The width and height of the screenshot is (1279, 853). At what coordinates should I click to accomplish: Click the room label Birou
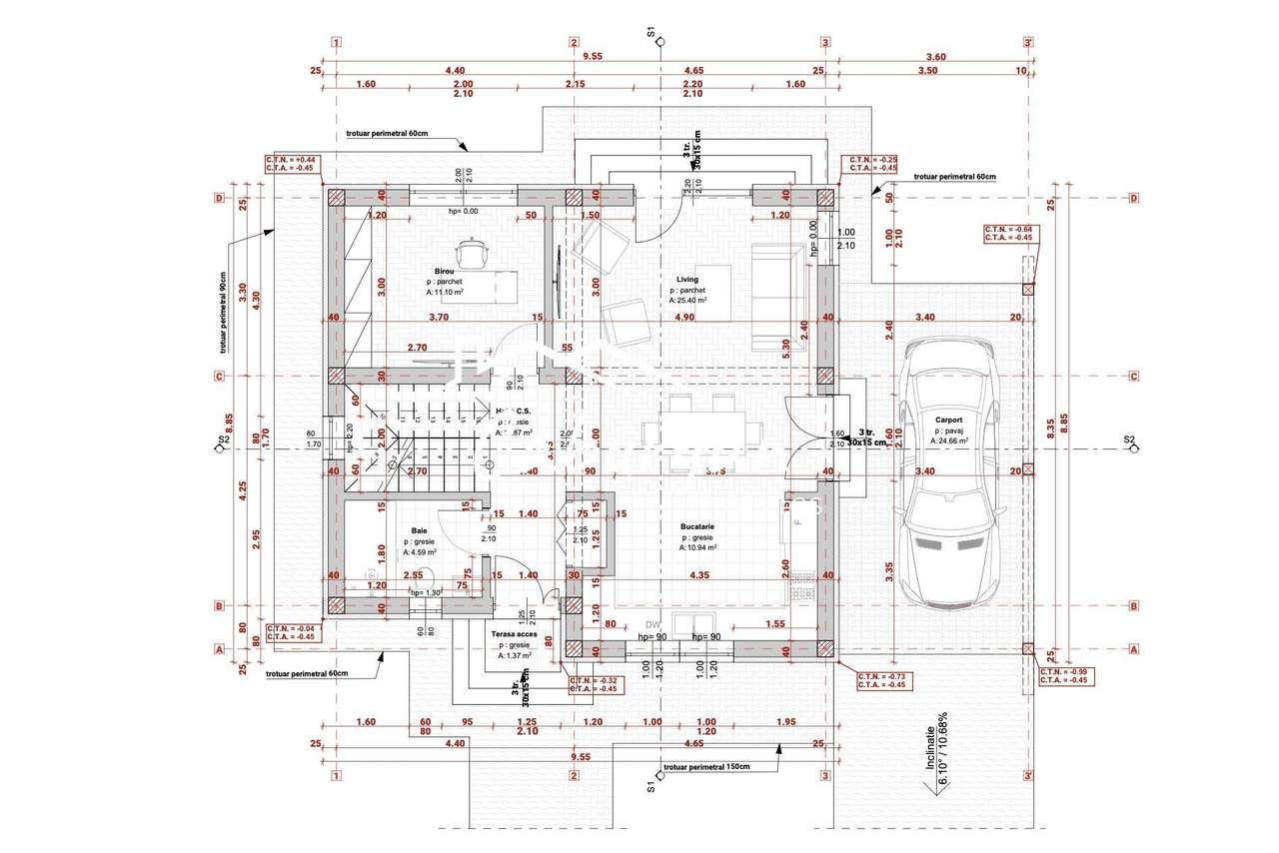tap(444, 271)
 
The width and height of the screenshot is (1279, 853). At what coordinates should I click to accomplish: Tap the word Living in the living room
tap(686, 280)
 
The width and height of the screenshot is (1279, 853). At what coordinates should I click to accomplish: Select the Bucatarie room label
tap(697, 525)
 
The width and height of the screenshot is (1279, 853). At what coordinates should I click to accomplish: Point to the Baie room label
tap(420, 531)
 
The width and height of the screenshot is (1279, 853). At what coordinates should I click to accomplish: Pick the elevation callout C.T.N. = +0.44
tap(290, 160)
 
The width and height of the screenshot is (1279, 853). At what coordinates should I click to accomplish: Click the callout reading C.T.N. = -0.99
tap(1065, 672)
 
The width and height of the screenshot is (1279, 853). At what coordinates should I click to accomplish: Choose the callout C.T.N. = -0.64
tap(1009, 230)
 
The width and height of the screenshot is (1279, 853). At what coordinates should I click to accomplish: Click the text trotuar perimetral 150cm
tap(706, 767)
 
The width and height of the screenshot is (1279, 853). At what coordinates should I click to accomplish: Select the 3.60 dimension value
tap(935, 57)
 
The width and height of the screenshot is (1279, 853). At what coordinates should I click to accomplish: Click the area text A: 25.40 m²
tap(688, 300)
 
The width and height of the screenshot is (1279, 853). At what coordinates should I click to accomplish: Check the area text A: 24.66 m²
tap(950, 439)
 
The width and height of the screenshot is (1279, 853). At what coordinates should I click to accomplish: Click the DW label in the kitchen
tap(653, 624)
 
